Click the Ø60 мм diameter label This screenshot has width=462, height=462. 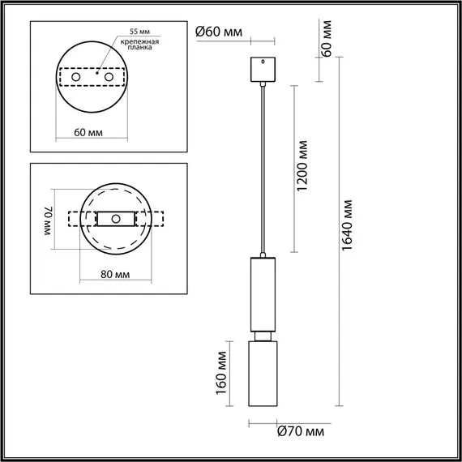218,32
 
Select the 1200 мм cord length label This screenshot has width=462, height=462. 302,167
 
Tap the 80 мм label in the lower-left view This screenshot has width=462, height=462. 116,274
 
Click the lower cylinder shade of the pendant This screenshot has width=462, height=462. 263,373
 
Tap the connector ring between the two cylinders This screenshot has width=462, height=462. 263,334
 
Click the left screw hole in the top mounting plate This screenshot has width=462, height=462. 77,77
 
